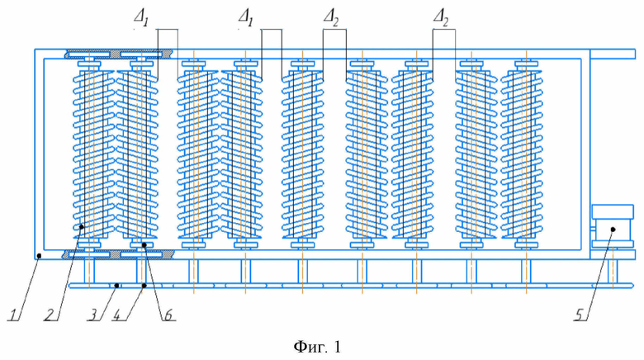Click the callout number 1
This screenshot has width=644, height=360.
pyautogui.click(x=14, y=315)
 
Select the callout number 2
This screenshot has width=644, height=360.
pyautogui.click(x=50, y=315)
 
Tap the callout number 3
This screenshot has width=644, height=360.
pyautogui.click(x=93, y=315)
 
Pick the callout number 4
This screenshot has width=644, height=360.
pyautogui.click(x=121, y=315)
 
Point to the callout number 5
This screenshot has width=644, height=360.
pyautogui.click(x=579, y=315)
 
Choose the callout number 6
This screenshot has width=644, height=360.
pyautogui.click(x=168, y=315)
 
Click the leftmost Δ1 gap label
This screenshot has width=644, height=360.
pyautogui.click(x=140, y=19)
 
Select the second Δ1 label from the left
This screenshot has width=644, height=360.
pyautogui.click(x=245, y=19)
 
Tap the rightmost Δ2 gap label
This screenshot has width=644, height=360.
pyautogui.click(x=441, y=19)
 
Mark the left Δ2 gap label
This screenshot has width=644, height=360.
pyautogui.click(x=330, y=19)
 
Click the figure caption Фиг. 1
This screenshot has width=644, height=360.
pyautogui.click(x=317, y=348)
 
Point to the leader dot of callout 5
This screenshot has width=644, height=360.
pyautogui.click(x=613, y=230)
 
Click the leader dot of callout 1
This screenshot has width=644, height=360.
pyautogui.click(x=39, y=256)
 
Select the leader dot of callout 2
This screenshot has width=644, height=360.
pyautogui.click(x=82, y=226)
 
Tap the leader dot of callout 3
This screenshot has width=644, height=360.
pyautogui.click(x=117, y=285)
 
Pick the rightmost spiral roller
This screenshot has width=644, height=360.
pyautogui.click(x=522, y=154)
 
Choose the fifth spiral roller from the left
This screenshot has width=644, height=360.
pyautogui.click(x=303, y=154)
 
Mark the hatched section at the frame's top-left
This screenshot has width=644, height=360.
pyautogui.click(x=119, y=54)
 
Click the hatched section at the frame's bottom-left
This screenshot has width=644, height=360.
pyautogui.click(x=119, y=254)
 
